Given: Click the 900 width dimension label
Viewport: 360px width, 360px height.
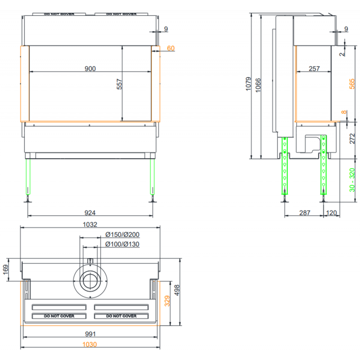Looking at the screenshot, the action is point(90,69).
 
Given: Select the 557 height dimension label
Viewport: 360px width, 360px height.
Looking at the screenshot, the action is point(119,84).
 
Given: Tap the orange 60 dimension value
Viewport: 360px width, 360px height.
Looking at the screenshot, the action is point(171,48).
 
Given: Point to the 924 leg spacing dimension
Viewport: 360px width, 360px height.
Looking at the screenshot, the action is point(90,213).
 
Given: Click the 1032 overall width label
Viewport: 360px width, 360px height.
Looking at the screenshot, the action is point(90,224).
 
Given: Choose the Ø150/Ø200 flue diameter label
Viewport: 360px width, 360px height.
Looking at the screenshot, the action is point(122,234).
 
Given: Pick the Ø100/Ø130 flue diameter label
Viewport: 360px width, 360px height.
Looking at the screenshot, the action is point(122,244).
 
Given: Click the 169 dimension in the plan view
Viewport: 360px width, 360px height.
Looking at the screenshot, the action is point(5,270).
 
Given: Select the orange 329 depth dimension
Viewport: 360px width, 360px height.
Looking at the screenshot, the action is point(167,301).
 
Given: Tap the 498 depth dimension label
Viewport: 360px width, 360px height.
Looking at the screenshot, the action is point(177,290).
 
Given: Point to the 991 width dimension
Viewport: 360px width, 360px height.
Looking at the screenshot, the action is point(90,334).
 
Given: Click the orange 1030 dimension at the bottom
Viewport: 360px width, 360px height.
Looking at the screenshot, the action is point(90,344).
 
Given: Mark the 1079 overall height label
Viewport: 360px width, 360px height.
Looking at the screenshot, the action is point(248,84).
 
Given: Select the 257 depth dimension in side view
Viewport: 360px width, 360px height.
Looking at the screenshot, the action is point(314,69).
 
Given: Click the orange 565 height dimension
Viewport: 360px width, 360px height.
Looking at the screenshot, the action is point(352,84).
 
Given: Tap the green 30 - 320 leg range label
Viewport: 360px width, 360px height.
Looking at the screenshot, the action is point(352,180).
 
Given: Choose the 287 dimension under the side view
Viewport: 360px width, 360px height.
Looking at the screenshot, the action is point(305,213).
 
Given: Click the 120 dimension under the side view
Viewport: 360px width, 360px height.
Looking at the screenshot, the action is point(331,213).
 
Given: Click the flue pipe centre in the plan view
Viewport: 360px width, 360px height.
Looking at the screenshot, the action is point(90,281).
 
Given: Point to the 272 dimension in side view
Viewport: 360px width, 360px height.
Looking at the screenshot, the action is point(352,139).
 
